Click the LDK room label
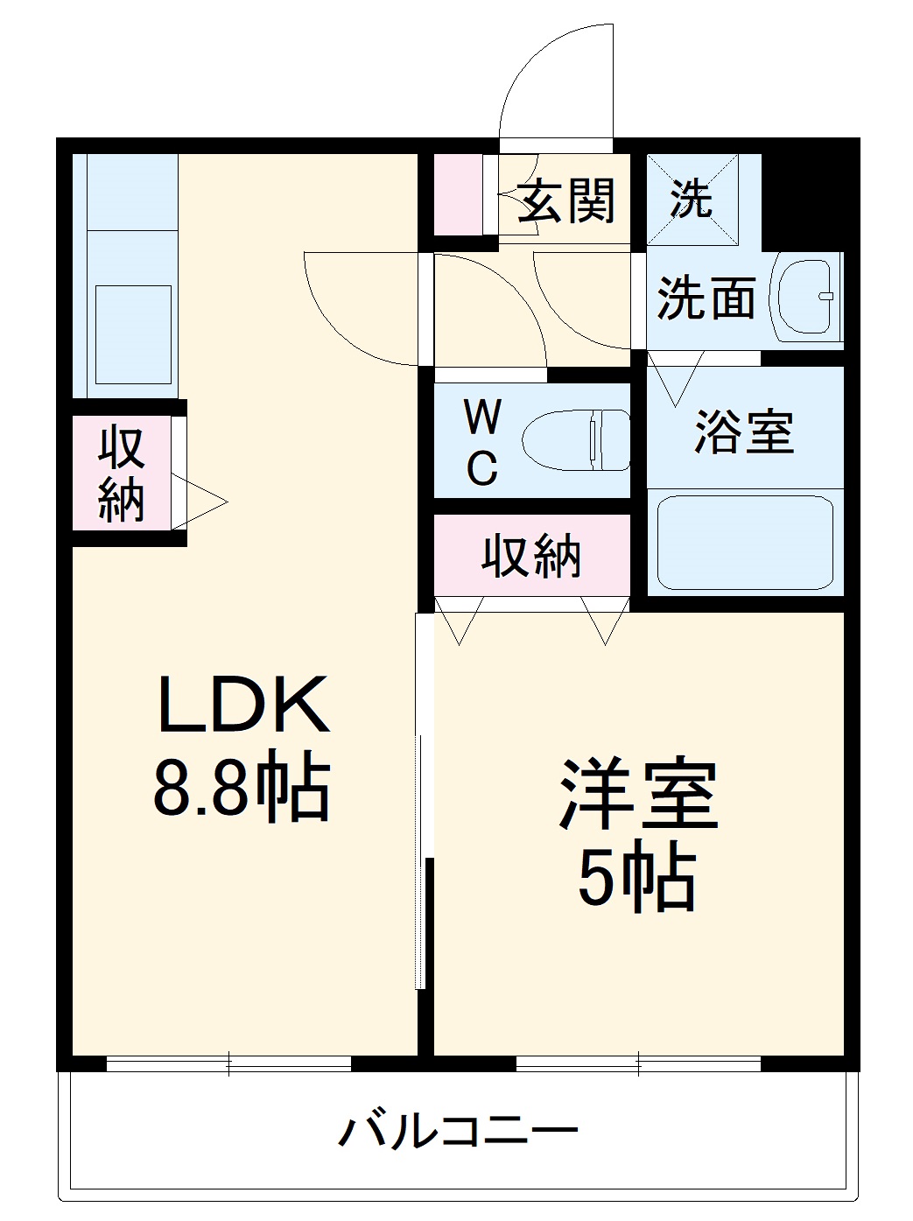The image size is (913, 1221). coord(243,705)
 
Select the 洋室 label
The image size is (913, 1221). coord(639,796)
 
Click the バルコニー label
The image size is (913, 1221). coord(458,1132)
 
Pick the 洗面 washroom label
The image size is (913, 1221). coord(706,298)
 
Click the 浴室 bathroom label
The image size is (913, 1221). coord(744,432)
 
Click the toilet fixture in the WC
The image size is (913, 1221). coord(575,440)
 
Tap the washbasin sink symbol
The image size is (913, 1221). coord(805,296)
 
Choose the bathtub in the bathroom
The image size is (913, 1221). coord(745,543)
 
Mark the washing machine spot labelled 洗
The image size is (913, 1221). coord(692,200)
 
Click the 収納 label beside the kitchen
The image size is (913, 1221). coord(121,474)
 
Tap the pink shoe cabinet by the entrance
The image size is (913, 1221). coord(458,194)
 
